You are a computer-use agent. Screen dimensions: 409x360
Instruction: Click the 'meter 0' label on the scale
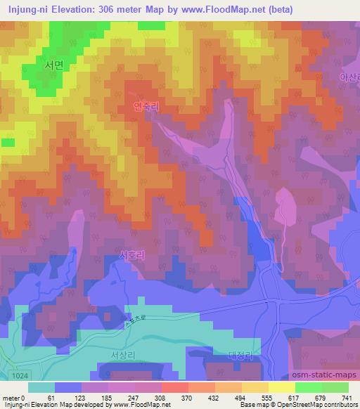(13, 397)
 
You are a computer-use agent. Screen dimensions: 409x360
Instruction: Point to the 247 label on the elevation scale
(131, 397)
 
